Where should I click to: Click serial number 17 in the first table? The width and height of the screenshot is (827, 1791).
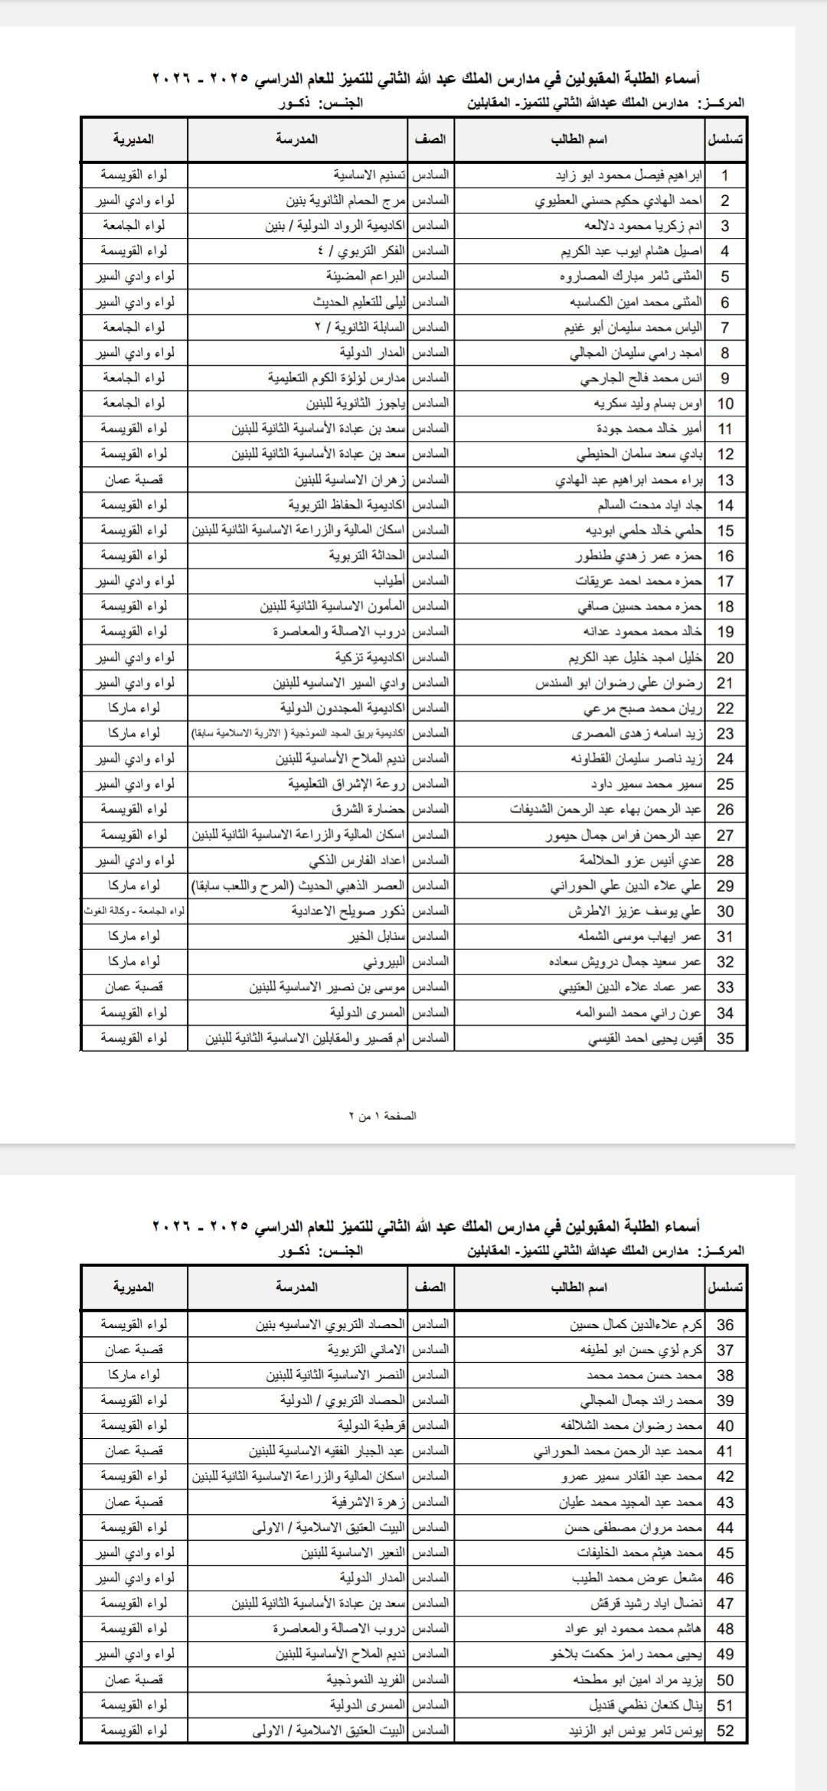coord(725,581)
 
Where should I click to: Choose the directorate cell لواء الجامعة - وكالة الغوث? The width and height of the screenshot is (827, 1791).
coord(135,911)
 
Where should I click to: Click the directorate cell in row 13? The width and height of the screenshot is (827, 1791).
coord(135,480)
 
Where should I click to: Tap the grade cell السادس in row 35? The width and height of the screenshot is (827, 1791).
coord(430,1038)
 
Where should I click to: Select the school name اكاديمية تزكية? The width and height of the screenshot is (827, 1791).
coord(369,657)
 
